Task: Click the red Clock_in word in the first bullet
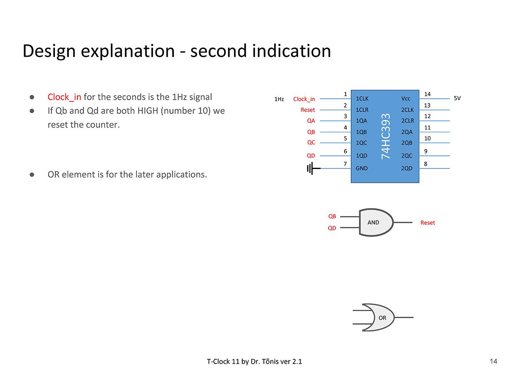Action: click(64, 97)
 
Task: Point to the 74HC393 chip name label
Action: click(386, 136)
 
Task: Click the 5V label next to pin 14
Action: click(457, 98)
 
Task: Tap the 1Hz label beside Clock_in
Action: click(279, 99)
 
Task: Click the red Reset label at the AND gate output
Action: click(428, 223)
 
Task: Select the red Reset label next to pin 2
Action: click(307, 110)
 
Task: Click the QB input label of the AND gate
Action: click(332, 216)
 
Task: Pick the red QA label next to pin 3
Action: click(311, 121)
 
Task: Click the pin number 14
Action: click(427, 94)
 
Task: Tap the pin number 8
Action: click(426, 164)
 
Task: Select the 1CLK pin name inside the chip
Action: click(362, 99)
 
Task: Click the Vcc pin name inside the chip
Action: click(406, 99)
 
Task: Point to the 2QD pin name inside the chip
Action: click(406, 168)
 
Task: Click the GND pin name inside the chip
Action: click(362, 168)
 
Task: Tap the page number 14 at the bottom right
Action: click(493, 361)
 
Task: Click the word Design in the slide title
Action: click(49, 51)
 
